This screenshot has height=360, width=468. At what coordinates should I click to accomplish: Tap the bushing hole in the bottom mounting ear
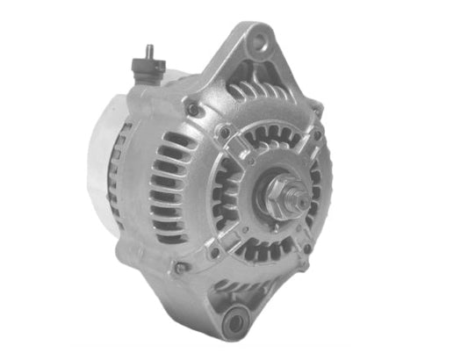pyautogui.click(x=234, y=323)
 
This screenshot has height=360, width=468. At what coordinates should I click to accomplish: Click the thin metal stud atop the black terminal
pyautogui.click(x=148, y=52)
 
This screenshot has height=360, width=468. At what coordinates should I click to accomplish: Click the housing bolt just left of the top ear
pyautogui.click(x=191, y=110)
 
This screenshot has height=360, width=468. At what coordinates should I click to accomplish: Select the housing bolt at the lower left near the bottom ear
pyautogui.click(x=180, y=268)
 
